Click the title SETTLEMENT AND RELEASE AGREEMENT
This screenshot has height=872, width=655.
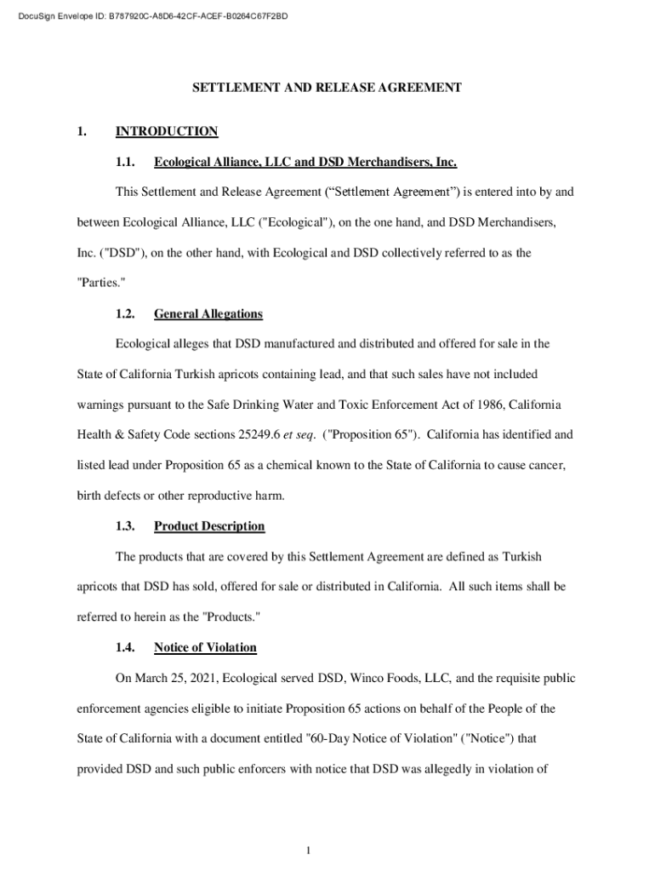[x=327, y=87]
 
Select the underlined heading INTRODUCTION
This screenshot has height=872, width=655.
[x=167, y=131]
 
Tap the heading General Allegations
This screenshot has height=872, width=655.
[x=208, y=314]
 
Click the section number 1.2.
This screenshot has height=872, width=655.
[x=126, y=314]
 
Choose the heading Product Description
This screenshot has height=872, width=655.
[x=209, y=526]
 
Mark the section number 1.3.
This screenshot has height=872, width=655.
[x=126, y=526]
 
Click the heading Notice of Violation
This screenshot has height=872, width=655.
[x=205, y=648]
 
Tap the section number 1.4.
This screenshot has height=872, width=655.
[x=126, y=648]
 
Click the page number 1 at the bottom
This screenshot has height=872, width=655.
[x=311, y=851]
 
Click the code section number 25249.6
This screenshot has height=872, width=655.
[x=259, y=434]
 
